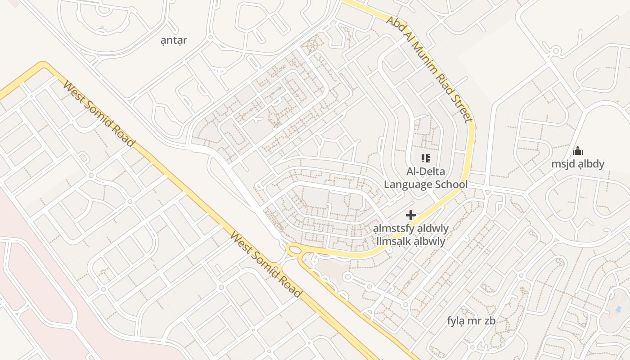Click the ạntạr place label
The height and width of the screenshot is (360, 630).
[174, 40]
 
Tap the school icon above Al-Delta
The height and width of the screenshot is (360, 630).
[425, 158]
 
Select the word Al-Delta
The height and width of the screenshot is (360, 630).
[425, 171]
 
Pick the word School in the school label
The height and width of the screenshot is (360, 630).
[451, 184]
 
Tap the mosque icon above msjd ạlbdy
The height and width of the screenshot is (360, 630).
[578, 151]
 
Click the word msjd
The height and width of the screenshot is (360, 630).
[563, 164]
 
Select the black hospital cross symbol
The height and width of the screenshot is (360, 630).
[410, 215]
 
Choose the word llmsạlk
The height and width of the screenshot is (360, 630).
[394, 242]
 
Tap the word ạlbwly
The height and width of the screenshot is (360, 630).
[430, 242]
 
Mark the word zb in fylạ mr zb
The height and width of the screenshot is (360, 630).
[490, 321]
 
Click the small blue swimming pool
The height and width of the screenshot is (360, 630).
[618, 309]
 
